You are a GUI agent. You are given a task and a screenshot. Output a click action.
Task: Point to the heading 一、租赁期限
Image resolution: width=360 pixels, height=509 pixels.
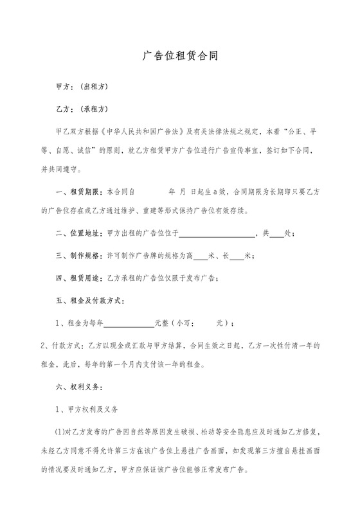[x=79, y=192]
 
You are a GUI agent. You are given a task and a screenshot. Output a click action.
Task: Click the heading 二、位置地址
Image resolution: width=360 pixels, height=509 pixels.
[x=79, y=234]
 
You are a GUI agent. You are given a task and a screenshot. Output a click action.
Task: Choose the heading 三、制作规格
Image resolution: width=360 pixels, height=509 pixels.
[x=79, y=256]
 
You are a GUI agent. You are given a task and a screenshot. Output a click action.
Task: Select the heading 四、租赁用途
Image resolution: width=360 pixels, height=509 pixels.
[x=79, y=278]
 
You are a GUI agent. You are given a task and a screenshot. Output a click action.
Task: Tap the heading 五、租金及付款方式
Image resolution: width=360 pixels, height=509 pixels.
[x=91, y=300]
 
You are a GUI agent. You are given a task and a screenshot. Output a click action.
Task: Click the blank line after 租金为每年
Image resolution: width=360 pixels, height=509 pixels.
[x=129, y=325]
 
